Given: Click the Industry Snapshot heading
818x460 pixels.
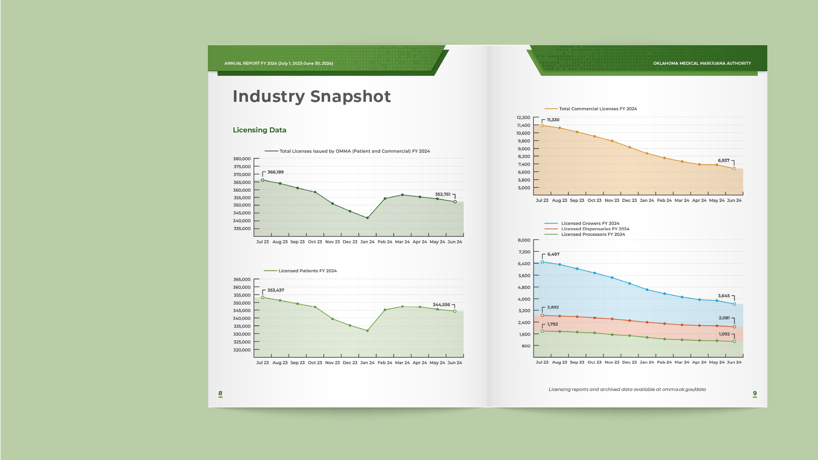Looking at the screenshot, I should (x=311, y=97).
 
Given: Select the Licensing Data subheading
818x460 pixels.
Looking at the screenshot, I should (x=259, y=130).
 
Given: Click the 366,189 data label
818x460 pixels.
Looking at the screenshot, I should (x=275, y=172).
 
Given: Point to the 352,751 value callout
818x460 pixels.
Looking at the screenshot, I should (x=442, y=194).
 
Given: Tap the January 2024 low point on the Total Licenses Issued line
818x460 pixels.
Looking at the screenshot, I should (x=367, y=218).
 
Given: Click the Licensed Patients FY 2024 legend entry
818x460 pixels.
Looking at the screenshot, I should (x=307, y=271).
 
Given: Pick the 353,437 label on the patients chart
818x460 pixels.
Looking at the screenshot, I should (x=276, y=290).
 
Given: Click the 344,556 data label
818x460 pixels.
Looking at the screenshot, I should (x=441, y=305).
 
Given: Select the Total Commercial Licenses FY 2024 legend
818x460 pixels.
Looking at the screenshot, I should (x=598, y=109).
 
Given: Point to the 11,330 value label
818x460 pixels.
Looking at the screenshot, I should (x=553, y=120).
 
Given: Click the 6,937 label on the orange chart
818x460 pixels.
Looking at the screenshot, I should (x=723, y=161).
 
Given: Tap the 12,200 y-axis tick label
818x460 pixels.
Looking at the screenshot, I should (x=523, y=118).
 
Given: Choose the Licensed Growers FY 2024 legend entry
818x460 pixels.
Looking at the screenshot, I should (x=590, y=223).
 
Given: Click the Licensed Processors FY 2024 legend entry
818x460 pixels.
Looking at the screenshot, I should (x=593, y=235).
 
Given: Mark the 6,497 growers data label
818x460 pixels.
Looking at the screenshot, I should (x=553, y=254).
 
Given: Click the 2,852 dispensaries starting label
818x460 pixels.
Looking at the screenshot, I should (x=553, y=307).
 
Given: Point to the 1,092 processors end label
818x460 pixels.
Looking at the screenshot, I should (x=724, y=334).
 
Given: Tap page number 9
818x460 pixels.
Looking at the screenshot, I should (x=755, y=394).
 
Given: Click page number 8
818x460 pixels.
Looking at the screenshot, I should (x=220, y=394).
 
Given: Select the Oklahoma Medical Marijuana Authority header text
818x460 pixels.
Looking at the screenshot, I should (x=702, y=63).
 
